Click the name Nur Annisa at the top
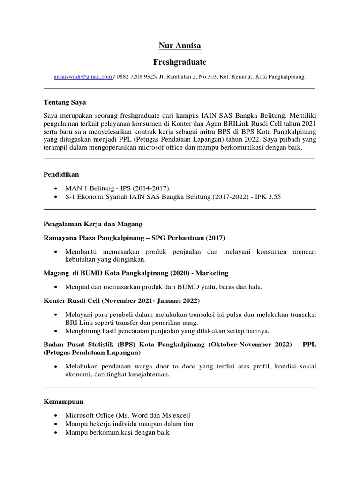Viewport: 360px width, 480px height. pos(180,46)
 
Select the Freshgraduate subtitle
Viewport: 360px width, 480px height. pos(180,62)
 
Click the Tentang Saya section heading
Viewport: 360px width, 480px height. pos(65,102)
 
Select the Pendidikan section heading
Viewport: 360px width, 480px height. pos(61,175)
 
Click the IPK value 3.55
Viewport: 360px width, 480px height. pos(272,197)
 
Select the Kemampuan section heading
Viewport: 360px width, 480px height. pos(63,402)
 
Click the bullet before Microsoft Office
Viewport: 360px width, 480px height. pos(56,416)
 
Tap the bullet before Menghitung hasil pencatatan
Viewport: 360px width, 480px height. pos(56,331)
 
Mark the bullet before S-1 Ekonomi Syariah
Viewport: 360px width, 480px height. pos(56,197)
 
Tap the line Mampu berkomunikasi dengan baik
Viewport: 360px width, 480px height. pos(117,432)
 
